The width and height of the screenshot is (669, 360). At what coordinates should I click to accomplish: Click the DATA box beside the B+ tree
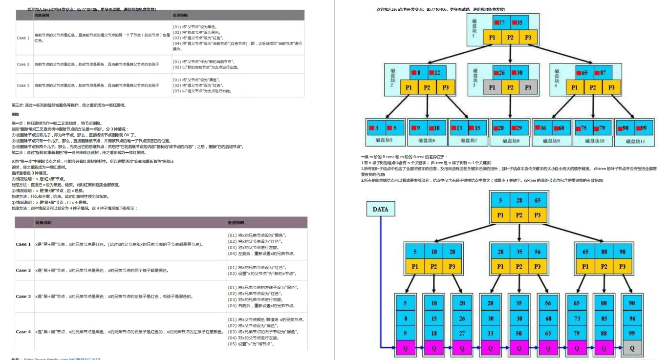tap(380, 209)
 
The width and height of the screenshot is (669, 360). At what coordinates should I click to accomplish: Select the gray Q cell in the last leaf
tap(632, 348)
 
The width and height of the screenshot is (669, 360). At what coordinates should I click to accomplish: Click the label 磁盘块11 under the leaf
tap(635, 141)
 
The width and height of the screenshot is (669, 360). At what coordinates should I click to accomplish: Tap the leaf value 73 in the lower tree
tap(577, 318)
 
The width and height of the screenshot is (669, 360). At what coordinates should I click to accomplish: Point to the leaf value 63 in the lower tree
tap(547, 334)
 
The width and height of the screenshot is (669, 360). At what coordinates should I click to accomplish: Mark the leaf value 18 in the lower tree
tap(434, 334)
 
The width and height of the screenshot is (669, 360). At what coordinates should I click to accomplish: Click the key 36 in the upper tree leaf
tap(540, 128)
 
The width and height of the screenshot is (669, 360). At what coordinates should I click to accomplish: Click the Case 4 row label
tap(23, 332)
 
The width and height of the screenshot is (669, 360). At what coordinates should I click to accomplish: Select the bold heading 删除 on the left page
tap(15, 114)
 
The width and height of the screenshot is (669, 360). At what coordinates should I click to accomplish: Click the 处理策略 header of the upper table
tap(180, 16)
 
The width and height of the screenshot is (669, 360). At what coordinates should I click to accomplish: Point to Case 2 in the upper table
tap(23, 64)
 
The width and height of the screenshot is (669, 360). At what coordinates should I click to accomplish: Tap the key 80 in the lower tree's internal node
tap(604, 252)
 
